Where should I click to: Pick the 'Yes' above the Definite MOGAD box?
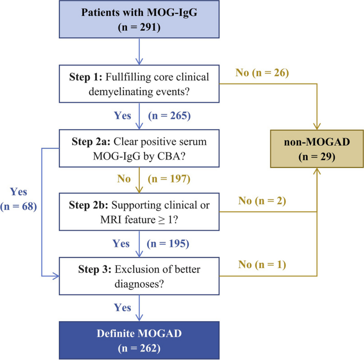pyautogui.click(x=123, y=307)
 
